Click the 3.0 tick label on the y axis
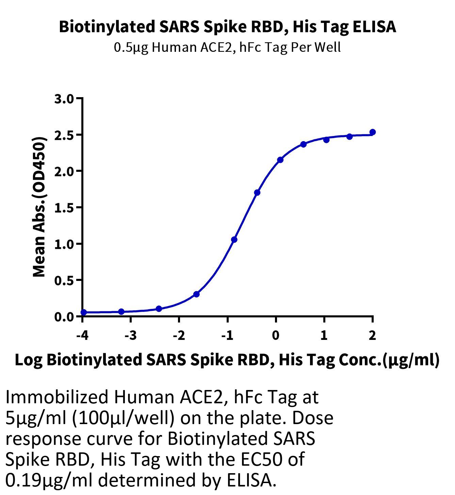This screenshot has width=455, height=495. point(64,99)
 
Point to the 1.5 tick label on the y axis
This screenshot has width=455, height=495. point(64,208)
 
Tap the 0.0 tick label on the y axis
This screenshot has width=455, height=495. point(64,317)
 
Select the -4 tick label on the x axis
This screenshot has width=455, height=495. point(82,335)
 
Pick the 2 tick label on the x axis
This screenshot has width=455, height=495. point(372,335)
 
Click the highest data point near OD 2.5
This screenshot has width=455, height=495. point(373,132)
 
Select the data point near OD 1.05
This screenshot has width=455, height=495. point(234,239)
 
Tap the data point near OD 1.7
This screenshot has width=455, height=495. point(257,193)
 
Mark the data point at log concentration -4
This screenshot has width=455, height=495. point(84,312)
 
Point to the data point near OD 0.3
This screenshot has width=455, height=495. point(196,294)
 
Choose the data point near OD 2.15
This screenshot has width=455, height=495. point(280,160)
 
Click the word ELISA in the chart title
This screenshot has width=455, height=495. point(374,27)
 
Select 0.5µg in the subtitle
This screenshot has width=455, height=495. point(131,47)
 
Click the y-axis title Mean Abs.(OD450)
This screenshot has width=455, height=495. point(39,207)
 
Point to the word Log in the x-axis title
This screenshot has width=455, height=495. point(29,361)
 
